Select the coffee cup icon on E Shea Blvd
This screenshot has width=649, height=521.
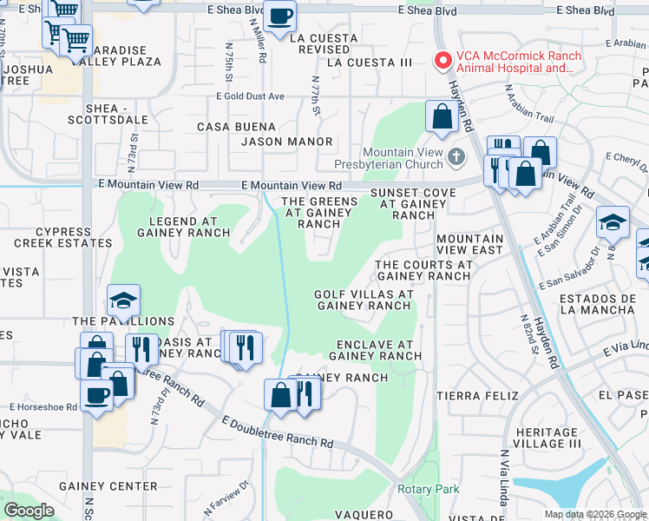[x=279, y=16]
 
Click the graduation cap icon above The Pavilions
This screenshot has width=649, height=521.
[x=123, y=300]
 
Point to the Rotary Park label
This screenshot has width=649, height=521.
[x=428, y=489]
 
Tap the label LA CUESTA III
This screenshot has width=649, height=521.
[x=369, y=63]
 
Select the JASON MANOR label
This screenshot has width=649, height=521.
[x=286, y=141]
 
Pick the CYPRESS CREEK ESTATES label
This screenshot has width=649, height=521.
[x=75, y=238]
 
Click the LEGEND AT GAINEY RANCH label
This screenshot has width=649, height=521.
[x=183, y=227]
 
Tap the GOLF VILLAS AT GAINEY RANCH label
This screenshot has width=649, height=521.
[x=363, y=300]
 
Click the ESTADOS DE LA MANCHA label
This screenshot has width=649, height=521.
[x=598, y=303]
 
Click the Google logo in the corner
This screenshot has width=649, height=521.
[x=29, y=511]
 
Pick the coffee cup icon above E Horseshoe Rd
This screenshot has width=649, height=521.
[x=95, y=394]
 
